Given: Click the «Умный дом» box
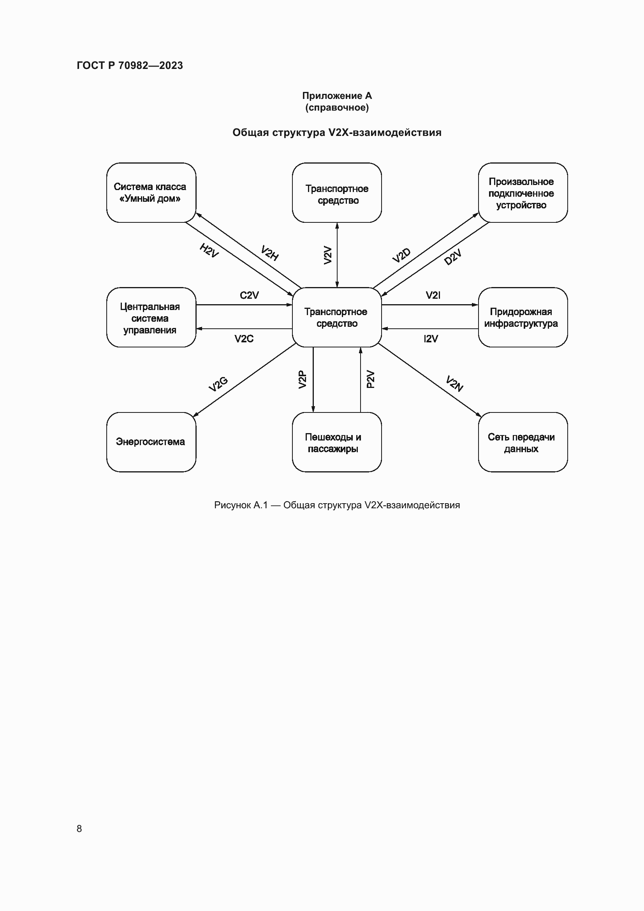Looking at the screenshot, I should (151, 192).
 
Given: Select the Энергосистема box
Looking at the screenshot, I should (151, 442).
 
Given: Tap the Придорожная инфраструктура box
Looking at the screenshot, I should (522, 317).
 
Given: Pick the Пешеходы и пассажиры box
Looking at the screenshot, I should (337, 442).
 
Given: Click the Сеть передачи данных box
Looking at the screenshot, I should (522, 442).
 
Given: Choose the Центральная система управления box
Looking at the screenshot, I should (151, 317).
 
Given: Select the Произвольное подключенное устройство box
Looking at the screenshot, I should (522, 192).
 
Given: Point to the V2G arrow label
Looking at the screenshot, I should (218, 384).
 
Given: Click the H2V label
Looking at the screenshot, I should (209, 250).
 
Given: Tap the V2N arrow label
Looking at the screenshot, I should (454, 383).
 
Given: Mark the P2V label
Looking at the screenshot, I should (370, 379).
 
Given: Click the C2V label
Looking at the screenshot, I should (249, 295).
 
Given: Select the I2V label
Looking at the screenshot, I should (431, 339).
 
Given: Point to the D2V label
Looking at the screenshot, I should (452, 257).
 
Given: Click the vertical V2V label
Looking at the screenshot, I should (327, 255).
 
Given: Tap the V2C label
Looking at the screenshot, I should (243, 339).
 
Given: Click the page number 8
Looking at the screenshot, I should (79, 828).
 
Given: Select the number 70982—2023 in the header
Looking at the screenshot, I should (150, 65).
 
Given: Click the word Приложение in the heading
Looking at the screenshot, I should (332, 96).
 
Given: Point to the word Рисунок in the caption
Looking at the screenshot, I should (233, 505).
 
